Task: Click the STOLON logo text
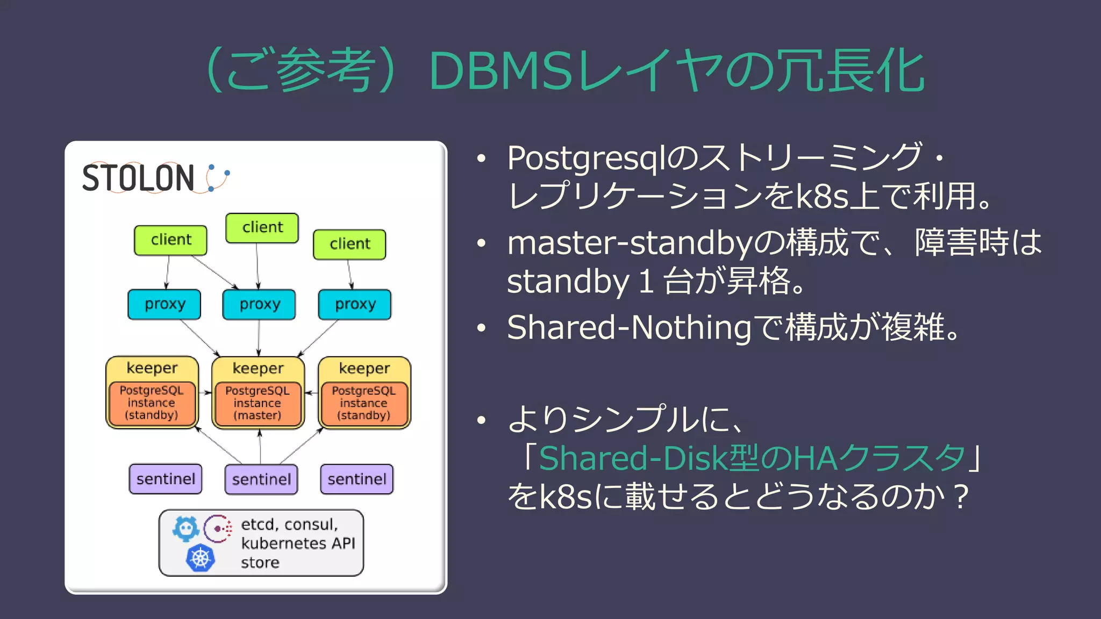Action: coord(138,178)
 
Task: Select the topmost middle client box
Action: coord(262,228)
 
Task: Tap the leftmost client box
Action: coord(170,240)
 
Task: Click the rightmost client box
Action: coord(349,244)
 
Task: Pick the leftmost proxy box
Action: coord(165,305)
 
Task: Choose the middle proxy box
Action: coord(260,305)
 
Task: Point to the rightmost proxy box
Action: coord(355,305)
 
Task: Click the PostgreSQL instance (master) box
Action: coord(258,404)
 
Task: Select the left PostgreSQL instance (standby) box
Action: coord(152,403)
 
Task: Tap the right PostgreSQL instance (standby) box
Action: coord(364,404)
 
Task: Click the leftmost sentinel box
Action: coord(166,479)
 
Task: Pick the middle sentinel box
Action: coord(261,479)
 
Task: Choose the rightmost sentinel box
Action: coord(357,479)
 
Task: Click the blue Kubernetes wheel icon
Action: coord(201,558)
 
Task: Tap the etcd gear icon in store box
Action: coord(186,529)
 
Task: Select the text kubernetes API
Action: coord(298,543)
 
